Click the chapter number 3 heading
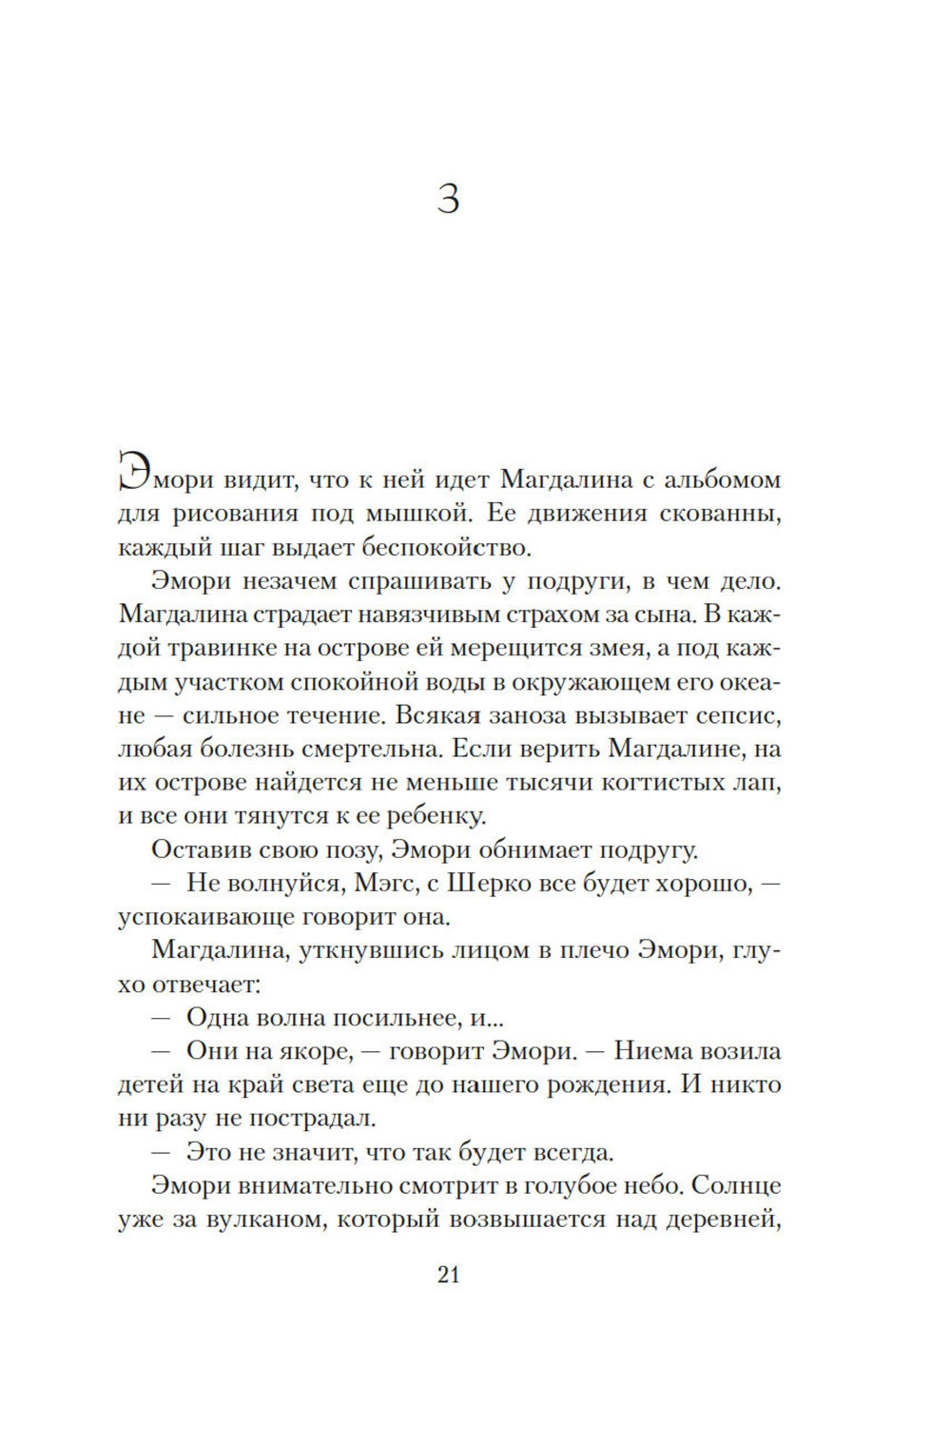click(x=448, y=199)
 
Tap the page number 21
click(x=449, y=1276)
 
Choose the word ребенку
click(x=437, y=816)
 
